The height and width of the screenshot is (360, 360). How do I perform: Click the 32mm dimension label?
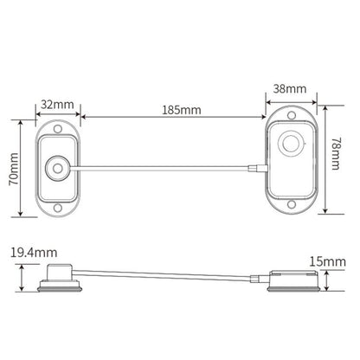tap(57, 104)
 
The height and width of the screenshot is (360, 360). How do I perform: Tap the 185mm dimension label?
tap(181, 110)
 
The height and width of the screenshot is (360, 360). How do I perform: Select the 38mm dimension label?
tap(290, 88)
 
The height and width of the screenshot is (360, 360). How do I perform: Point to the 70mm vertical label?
tap(14, 169)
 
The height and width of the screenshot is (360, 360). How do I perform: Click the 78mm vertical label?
tap(335, 154)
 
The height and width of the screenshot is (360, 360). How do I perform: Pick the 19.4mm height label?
tap(34, 253)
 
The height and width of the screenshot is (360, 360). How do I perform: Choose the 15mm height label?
tap(327, 262)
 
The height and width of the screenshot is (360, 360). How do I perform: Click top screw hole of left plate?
tap(58, 129)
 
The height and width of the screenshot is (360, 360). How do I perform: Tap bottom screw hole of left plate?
tap(58, 208)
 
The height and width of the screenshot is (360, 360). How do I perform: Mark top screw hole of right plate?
tap(292, 115)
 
